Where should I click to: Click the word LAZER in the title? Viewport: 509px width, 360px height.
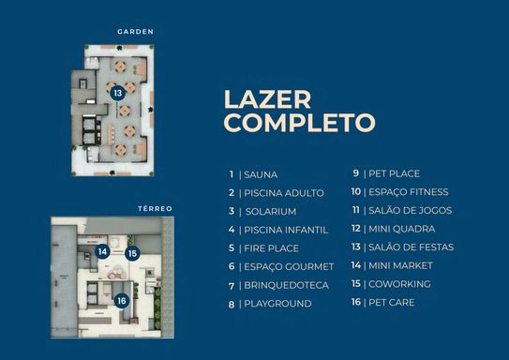click(x=267, y=99)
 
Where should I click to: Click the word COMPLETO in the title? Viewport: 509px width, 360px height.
click(x=300, y=123)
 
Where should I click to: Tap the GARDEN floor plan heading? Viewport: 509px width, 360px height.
click(x=135, y=32)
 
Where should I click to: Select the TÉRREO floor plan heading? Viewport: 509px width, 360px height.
click(x=155, y=208)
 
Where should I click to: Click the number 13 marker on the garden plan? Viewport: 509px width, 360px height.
click(x=117, y=94)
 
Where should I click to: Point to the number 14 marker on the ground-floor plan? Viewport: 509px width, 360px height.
click(x=102, y=251)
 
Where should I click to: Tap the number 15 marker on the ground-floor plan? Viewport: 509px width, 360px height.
click(x=132, y=253)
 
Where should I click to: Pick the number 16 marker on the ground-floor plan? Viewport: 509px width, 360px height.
click(x=122, y=301)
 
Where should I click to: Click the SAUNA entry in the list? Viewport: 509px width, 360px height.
click(x=261, y=174)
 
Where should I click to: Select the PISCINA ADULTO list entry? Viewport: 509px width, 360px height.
click(x=284, y=193)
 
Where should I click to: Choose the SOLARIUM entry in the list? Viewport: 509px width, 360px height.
click(x=271, y=212)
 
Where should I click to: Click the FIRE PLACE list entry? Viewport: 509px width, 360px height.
click(x=271, y=248)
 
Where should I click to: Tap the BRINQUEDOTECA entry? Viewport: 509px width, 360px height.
click(x=286, y=285)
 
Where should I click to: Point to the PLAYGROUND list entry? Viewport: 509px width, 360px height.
click(x=277, y=304)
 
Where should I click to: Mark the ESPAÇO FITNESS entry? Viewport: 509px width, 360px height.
click(x=409, y=192)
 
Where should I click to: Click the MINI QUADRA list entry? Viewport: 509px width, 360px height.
click(x=401, y=229)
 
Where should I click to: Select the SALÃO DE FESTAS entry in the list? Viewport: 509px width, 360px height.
click(x=411, y=247)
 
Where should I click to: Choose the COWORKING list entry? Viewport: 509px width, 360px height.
click(x=399, y=284)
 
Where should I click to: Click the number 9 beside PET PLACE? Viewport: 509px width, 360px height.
click(x=356, y=173)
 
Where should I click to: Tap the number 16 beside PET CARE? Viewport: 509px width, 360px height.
click(x=356, y=302)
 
